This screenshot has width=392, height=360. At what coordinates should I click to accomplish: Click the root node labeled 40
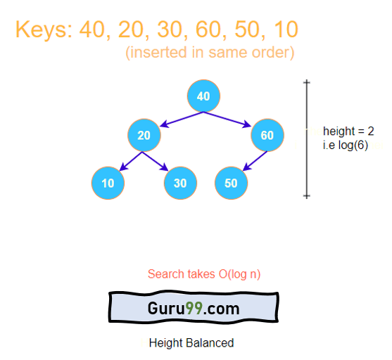204,96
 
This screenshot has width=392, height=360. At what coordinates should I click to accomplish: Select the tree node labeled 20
144,135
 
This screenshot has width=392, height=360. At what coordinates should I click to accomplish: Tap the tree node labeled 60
267,135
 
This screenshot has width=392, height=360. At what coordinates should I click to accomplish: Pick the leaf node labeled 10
108,183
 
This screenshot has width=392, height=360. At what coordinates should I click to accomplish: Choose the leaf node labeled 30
180,183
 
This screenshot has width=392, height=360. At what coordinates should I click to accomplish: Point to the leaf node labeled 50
232,183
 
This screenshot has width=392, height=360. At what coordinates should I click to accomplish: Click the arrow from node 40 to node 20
182,120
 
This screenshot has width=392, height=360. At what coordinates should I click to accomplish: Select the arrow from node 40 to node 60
227,120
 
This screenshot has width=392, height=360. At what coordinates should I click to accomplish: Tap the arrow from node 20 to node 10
131,162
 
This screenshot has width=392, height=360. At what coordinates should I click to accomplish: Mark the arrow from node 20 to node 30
156,161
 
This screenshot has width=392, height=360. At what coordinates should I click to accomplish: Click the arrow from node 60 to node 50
255,161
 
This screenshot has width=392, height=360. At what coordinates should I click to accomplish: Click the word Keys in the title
44,30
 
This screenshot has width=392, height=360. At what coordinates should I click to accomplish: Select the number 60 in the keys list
208,30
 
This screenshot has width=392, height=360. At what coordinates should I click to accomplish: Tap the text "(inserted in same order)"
210,53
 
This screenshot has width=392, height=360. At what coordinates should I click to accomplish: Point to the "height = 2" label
348,131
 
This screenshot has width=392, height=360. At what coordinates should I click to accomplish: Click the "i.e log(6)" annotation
346,146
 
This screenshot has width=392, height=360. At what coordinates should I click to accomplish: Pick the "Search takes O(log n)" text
204,274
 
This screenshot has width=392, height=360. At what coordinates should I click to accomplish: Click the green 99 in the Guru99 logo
194,308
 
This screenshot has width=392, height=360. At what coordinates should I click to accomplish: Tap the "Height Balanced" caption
191,342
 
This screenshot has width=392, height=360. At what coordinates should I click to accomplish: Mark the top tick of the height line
307,82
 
